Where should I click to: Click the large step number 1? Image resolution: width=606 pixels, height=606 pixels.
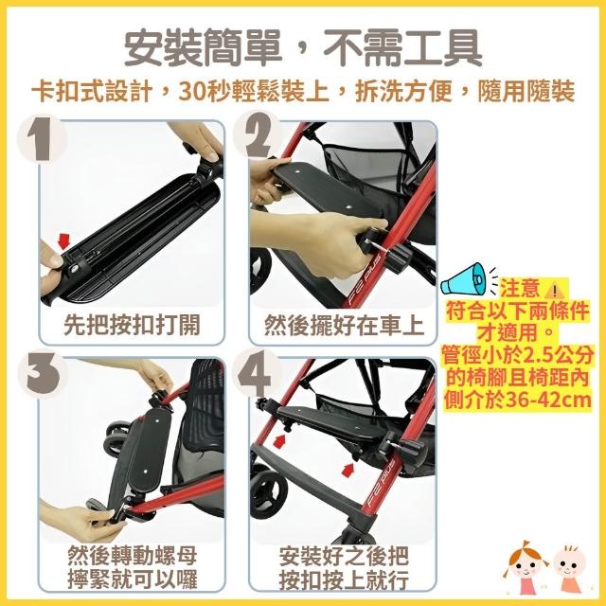point(40,139)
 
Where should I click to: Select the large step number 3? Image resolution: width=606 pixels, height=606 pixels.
point(44,374)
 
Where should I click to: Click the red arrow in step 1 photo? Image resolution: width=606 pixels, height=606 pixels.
point(63,241)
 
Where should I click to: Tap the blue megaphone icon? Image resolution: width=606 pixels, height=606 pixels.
point(464,280)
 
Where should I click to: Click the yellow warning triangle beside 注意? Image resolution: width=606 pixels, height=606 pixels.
point(554,289)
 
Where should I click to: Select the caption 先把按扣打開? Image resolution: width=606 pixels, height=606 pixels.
point(132,325)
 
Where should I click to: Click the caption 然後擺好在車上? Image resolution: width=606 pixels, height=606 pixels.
point(344,325)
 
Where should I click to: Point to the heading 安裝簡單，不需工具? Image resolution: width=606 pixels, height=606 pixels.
point(303,49)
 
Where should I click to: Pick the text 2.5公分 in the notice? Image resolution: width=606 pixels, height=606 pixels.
point(557,356)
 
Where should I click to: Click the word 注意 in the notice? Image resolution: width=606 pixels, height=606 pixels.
point(520,289)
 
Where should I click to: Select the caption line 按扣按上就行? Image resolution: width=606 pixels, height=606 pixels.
point(344,579)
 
